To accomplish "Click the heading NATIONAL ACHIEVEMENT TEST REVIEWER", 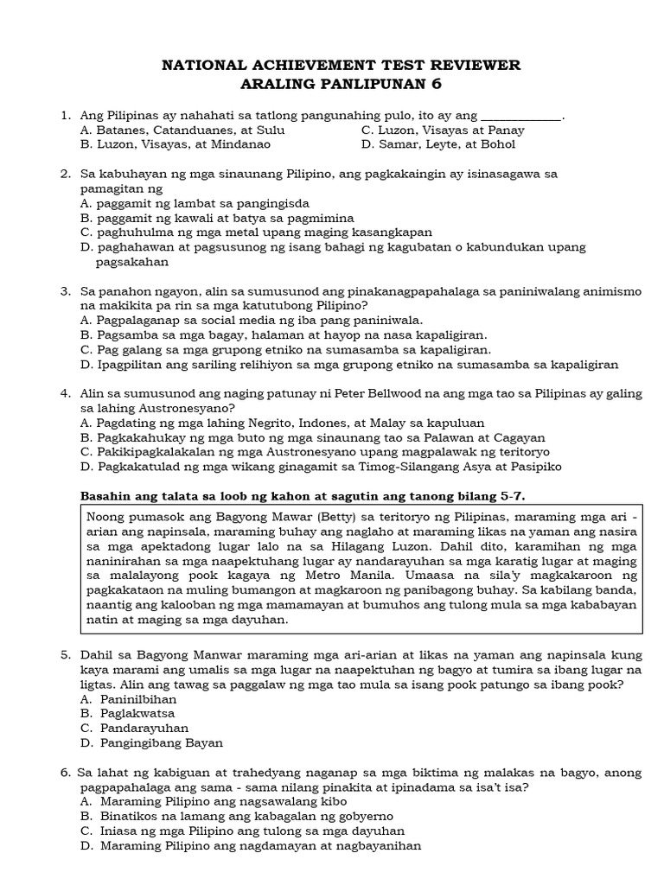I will coord(342,65).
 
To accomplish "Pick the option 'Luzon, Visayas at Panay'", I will coord(443,130).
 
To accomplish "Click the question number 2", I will coord(65,174).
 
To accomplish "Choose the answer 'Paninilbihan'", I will coord(138,698).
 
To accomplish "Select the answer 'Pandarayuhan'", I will coord(141,728).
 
